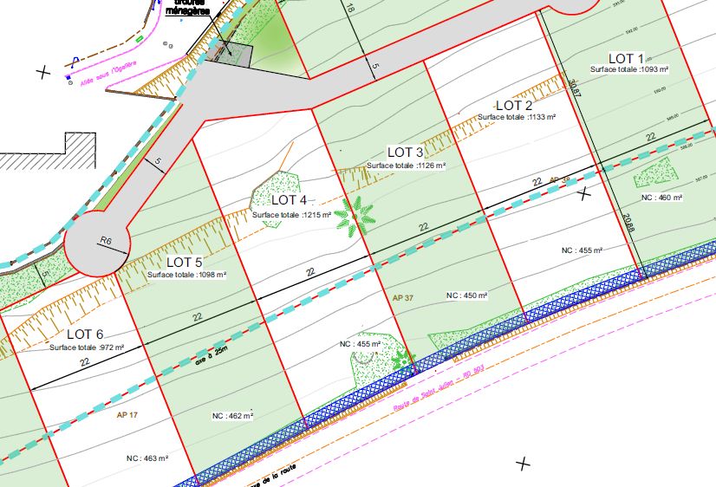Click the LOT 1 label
[626, 58]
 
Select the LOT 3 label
[405, 153]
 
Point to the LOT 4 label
[290, 201]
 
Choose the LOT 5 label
[185, 262]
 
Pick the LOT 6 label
[85, 334]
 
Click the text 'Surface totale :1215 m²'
[291, 214]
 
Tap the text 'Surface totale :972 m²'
[87, 347]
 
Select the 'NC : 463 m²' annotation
[146, 458]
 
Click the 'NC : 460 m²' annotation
[662, 198]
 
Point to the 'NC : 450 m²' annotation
[467, 295]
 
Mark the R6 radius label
[106, 240]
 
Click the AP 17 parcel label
[127, 414]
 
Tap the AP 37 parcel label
[403, 297]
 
